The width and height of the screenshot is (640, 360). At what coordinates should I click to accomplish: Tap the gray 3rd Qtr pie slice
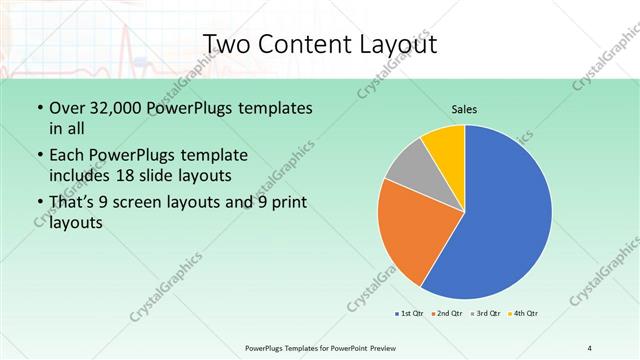[x=408, y=167]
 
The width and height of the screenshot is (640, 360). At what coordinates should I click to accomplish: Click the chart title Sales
[x=464, y=108]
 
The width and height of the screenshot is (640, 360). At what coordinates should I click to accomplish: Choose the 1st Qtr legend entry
[x=410, y=314]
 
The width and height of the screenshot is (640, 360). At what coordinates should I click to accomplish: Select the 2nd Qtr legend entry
[x=447, y=314]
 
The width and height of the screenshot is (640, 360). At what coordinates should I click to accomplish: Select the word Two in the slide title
[x=225, y=44]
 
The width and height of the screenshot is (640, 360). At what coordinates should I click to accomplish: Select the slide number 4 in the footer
[x=590, y=347]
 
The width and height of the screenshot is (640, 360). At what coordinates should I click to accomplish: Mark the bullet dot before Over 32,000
[x=38, y=108]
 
